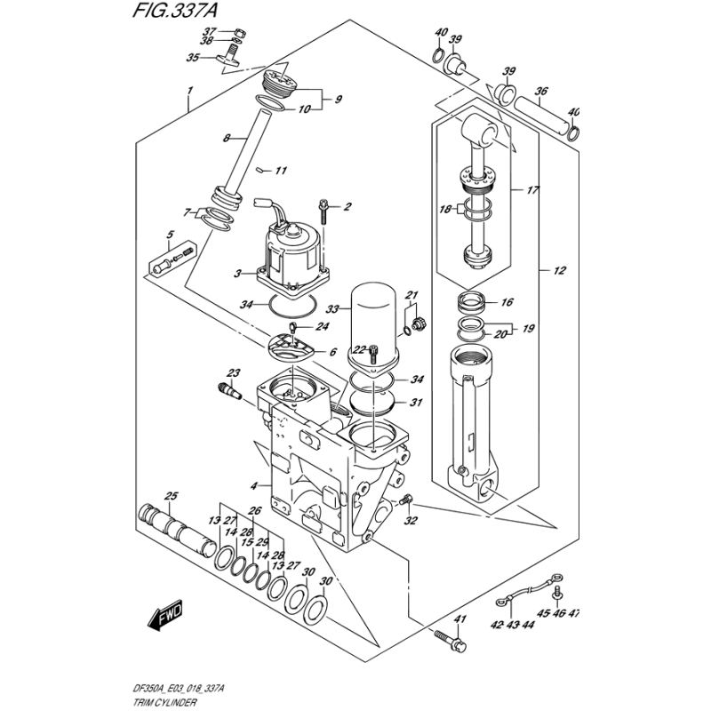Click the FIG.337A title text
coord(174,10)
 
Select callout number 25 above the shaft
coord(171,497)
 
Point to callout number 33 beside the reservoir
coord(332,309)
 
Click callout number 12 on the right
coord(560,271)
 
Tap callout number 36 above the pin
coord(541,92)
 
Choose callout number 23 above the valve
coord(234,373)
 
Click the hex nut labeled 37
coord(241,34)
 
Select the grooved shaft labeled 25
coord(177,529)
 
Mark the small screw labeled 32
coord(406,500)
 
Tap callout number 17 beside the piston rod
coord(532,190)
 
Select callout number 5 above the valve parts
coord(170,235)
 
